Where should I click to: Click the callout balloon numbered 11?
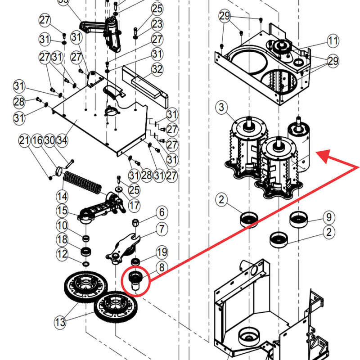pos(333,41)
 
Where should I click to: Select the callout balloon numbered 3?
pos(221,107)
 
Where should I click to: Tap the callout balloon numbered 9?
pos(329,217)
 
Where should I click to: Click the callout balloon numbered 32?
pos(157,69)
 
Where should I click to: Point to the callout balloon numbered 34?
pos(62,140)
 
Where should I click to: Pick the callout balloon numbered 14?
pos(62,197)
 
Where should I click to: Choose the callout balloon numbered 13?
pos(60,322)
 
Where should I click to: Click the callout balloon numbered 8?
pos(162,267)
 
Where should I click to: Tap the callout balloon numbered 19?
pos(162,252)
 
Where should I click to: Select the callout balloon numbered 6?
pos(162,212)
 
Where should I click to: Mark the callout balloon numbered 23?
pos(157,24)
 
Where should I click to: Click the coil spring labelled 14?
pos(82,183)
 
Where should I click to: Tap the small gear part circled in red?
pos(135,280)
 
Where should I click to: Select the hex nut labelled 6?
pos(135,222)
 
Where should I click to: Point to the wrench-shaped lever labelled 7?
pos(123,249)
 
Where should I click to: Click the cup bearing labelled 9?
pos(298,219)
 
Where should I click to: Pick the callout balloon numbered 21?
pos(24,140)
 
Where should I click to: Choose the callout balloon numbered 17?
pos(134,205)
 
